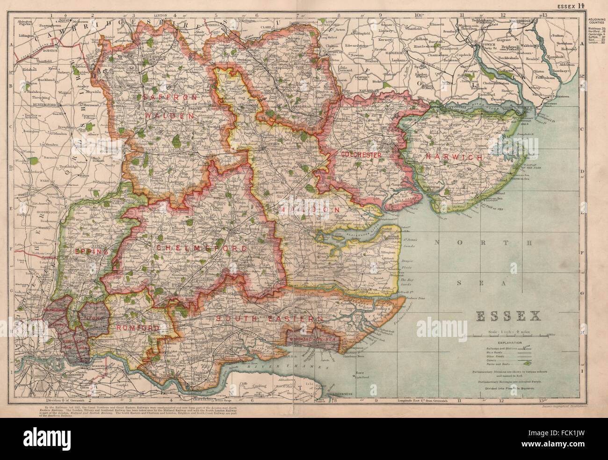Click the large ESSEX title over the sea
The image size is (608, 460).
click(508, 317)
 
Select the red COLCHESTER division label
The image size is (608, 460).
click(362, 154)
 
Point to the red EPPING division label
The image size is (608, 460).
click(92, 251)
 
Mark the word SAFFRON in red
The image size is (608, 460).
click(162, 97)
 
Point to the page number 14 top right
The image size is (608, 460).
click(594, 5)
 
